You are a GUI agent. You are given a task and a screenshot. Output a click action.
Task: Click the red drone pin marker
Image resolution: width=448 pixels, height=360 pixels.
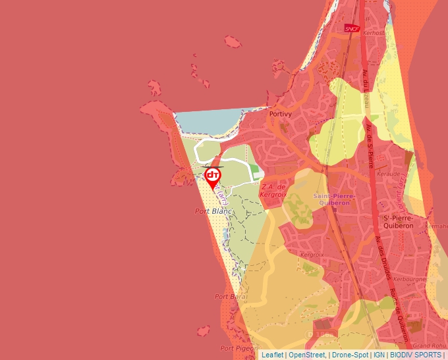pyautogui.click(x=213, y=176)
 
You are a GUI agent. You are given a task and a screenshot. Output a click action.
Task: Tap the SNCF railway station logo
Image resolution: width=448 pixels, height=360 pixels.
pyautogui.click(x=352, y=28)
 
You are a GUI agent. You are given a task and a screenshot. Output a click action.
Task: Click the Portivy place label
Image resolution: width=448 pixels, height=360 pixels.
pyautogui.click(x=281, y=114)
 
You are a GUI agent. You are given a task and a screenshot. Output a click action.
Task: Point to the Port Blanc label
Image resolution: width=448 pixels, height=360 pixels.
pyautogui.click(x=213, y=211)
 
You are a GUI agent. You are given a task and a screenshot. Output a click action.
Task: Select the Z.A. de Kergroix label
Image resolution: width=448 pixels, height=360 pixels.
pyautogui.click(x=275, y=191)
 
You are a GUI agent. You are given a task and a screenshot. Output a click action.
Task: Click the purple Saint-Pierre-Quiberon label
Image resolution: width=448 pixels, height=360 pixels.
pyautogui.click(x=334, y=199)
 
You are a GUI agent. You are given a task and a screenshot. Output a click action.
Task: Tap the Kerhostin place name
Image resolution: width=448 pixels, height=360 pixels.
pyautogui.click(x=374, y=32)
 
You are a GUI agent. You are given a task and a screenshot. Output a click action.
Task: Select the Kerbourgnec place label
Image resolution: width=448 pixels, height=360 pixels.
pyautogui.click(x=409, y=278)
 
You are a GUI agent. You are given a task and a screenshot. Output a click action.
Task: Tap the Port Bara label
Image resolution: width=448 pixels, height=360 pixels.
pyautogui.click(x=231, y=297)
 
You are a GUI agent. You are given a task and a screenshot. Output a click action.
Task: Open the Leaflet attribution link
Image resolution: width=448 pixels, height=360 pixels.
pyautogui.click(x=273, y=355)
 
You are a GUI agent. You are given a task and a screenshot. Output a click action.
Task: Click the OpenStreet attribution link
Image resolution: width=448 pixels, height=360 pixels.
pyautogui.click(x=306, y=355)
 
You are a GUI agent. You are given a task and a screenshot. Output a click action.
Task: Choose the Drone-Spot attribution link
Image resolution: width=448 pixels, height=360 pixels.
pyautogui.click(x=350, y=355)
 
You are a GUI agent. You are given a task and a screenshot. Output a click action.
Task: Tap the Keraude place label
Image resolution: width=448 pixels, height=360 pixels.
pyautogui.click(x=389, y=174)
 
